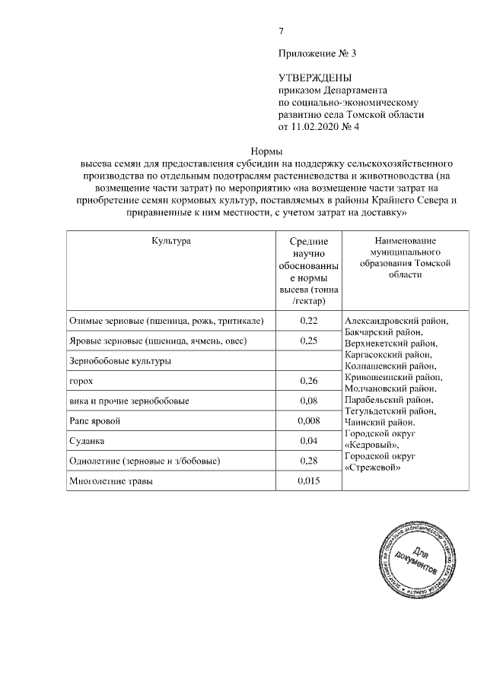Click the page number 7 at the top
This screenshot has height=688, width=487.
(282, 31)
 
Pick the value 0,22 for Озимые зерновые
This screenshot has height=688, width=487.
(308, 322)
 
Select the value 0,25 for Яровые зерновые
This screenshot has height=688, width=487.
(308, 341)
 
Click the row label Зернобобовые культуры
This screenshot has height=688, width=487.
(119, 361)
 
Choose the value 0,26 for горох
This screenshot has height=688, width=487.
(308, 381)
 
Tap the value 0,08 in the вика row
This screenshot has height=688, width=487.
(308, 401)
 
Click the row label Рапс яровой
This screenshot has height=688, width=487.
(94, 420)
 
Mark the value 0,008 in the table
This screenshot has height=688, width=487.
(308, 420)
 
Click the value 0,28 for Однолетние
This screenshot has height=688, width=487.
(308, 461)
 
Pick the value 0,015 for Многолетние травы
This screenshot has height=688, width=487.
(308, 480)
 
